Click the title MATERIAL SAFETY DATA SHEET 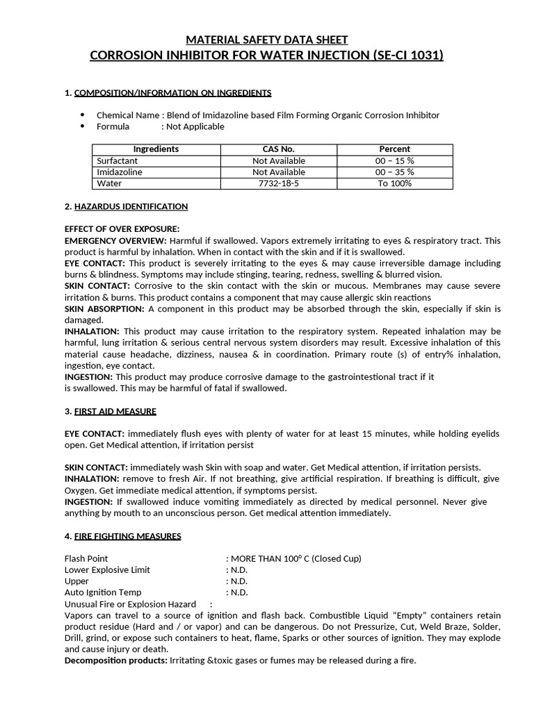point(267,40)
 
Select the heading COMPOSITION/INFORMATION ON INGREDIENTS point(172,93)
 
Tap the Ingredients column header point(156,149)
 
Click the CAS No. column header point(278,149)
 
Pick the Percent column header point(394,149)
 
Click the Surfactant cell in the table point(118,161)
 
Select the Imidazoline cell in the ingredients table point(119,172)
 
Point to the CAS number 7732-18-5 point(278,183)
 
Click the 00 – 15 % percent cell point(394,161)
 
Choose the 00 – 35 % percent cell point(394,172)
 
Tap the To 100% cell point(394,183)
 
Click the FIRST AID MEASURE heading point(115,411)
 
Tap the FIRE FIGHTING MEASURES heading point(128,536)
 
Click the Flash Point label point(86,558)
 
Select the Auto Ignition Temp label point(103,592)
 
